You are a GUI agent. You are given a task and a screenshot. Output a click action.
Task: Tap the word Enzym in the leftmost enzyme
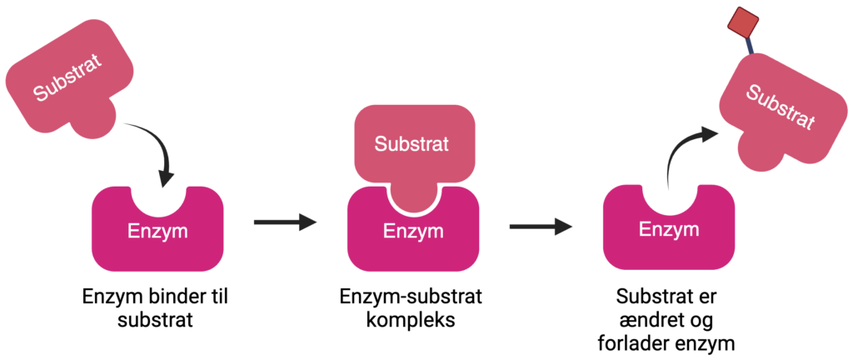pyautogui.click(x=157, y=231)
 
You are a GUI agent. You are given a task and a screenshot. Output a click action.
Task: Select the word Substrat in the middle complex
pyautogui.click(x=412, y=144)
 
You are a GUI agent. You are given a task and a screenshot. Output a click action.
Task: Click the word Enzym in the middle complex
pyautogui.click(x=413, y=231)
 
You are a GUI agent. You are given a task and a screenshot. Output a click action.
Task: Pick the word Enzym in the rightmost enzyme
pyautogui.click(x=669, y=229)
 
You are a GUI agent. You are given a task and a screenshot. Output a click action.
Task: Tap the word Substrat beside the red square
pyautogui.click(x=780, y=107)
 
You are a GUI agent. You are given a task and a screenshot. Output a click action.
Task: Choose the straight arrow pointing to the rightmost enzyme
pyautogui.click(x=541, y=226)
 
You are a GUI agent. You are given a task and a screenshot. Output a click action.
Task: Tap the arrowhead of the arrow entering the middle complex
pyautogui.click(x=309, y=222)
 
